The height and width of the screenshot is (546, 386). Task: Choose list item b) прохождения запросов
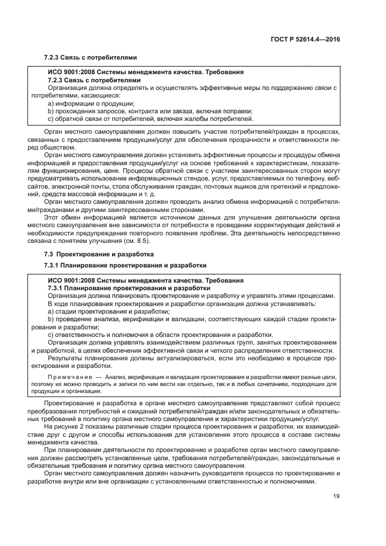(x=111, y=110)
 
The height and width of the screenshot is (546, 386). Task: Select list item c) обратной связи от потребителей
(x=117, y=119)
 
